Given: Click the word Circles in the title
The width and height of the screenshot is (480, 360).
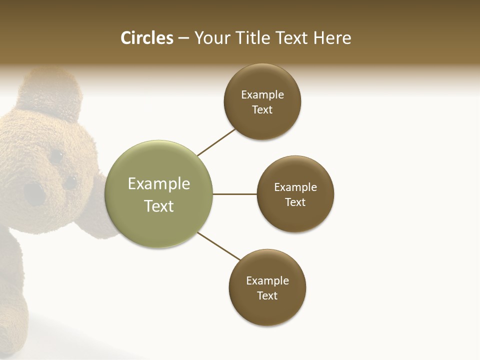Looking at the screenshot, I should click(x=147, y=38).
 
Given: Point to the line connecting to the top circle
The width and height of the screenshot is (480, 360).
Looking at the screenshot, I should click(x=216, y=142).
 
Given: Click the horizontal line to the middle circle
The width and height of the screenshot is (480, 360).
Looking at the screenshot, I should click(x=235, y=194).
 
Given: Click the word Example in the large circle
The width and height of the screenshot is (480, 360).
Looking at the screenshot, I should click(x=159, y=184).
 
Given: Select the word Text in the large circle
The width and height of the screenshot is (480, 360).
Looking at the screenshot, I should click(x=159, y=206).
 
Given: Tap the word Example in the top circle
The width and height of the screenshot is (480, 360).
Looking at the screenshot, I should click(x=262, y=95).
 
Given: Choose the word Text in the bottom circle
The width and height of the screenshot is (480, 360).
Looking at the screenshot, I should click(x=267, y=296).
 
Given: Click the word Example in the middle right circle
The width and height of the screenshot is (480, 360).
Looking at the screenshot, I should click(x=295, y=187).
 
